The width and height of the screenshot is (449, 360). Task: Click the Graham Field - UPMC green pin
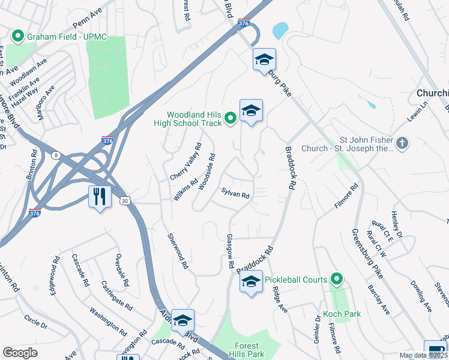pos(18,37)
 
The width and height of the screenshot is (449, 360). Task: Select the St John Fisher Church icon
pos(402,143)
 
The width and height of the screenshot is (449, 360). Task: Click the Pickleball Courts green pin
pos(337,280)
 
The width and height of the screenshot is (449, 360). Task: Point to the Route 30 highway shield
pos(124,200)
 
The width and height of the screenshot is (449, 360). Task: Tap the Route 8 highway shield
pos(56,155)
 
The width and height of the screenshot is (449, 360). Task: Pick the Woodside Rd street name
pos(207,172)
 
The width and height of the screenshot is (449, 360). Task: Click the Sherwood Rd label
pos(178,251)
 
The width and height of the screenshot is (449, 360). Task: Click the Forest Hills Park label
pos(247,350)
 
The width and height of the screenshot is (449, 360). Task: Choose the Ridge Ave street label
pos(280,299)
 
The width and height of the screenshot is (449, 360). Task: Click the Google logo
pos(20,353)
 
